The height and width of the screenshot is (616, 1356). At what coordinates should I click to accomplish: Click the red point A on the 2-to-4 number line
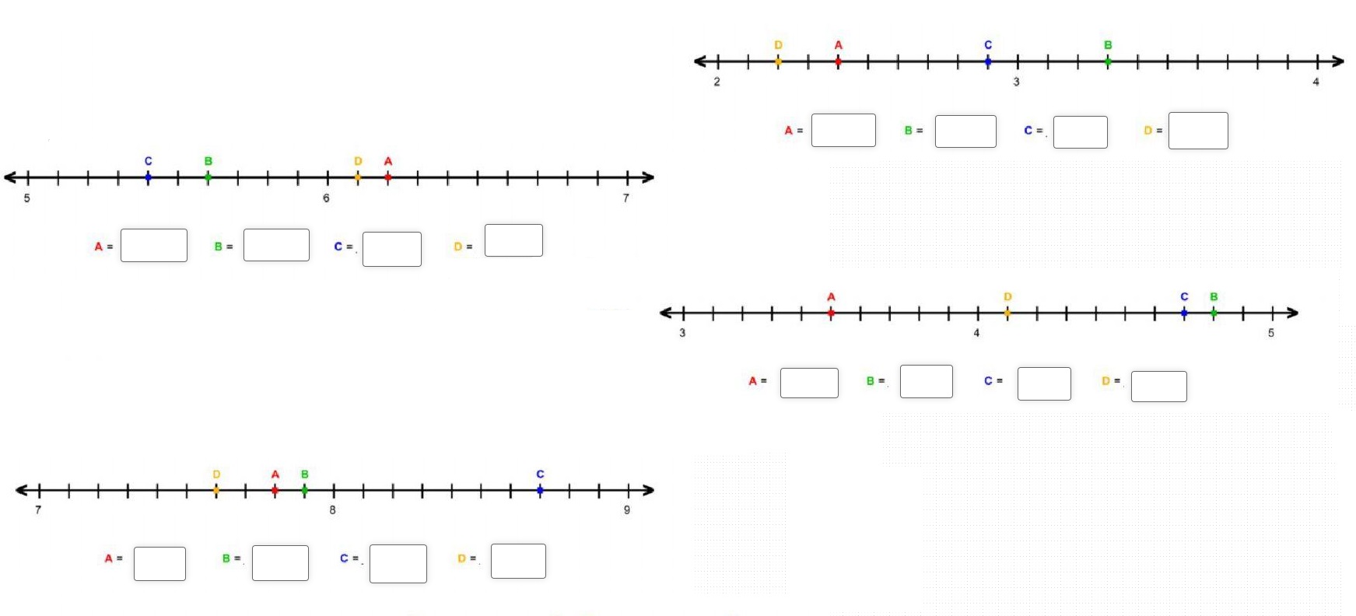click(838, 61)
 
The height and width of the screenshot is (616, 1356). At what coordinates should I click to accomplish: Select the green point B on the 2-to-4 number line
click(1108, 61)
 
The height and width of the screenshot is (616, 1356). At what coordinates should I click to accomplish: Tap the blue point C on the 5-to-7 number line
click(148, 177)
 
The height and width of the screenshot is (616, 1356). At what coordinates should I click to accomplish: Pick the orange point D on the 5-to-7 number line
click(358, 177)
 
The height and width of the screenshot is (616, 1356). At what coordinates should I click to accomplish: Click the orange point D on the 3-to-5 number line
click(1007, 313)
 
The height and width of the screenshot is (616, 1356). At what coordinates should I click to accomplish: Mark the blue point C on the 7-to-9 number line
click(540, 490)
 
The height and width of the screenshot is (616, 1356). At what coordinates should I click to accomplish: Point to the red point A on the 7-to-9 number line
click(275, 490)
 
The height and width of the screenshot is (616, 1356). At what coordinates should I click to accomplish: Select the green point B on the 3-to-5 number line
click(1214, 313)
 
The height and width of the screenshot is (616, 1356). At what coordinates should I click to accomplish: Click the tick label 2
click(717, 82)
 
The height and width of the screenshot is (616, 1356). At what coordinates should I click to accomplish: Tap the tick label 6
click(326, 198)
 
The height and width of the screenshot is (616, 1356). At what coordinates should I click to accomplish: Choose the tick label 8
click(332, 510)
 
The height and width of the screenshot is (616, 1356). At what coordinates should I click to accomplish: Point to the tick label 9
click(627, 510)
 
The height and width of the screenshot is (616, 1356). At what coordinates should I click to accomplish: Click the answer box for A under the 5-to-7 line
click(153, 246)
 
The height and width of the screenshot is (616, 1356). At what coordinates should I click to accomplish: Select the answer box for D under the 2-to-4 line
click(1198, 131)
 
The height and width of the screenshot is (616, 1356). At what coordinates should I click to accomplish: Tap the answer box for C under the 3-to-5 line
click(1044, 384)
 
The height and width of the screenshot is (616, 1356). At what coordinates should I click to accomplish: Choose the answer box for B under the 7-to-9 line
click(280, 563)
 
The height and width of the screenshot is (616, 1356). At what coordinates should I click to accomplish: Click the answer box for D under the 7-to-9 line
click(518, 562)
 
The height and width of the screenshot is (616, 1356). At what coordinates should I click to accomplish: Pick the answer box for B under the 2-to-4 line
click(965, 131)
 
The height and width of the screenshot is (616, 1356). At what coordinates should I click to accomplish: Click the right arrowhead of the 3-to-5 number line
click(1292, 313)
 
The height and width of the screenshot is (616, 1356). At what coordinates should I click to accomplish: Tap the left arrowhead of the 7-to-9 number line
click(22, 490)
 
